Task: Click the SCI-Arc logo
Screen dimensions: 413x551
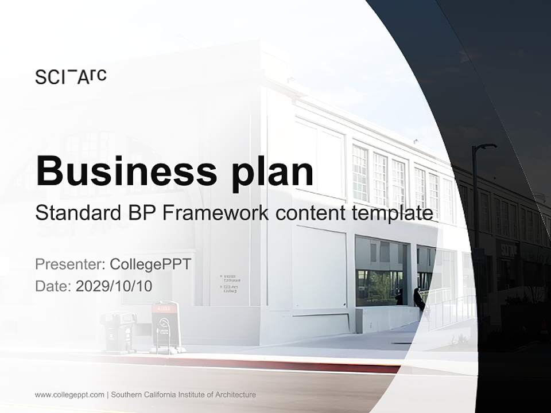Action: coord(71,76)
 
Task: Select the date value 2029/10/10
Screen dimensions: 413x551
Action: coord(114,286)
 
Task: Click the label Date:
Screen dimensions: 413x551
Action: coord(53,286)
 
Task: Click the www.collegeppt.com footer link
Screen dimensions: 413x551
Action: coord(69,395)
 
